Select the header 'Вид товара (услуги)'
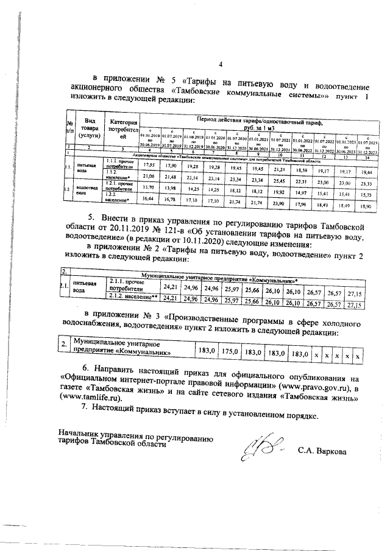90,130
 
